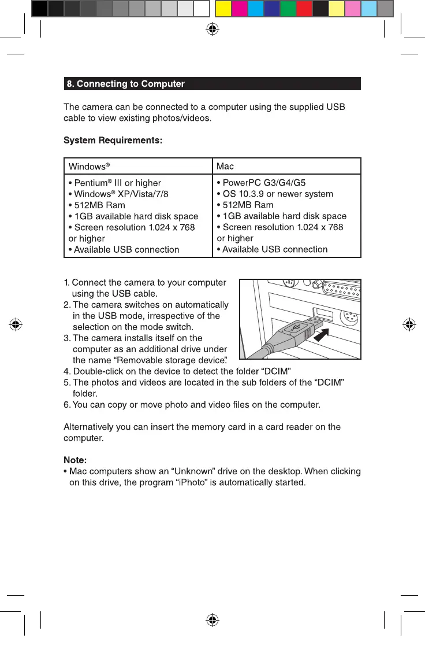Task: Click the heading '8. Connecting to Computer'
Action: (x=126, y=84)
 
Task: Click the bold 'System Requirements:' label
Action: (x=113, y=140)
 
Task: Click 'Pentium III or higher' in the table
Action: (x=114, y=183)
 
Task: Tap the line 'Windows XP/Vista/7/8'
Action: (x=118, y=194)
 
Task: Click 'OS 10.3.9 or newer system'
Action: (x=275, y=194)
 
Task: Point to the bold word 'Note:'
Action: (x=75, y=460)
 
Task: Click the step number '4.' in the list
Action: (x=67, y=370)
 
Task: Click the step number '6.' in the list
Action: (x=67, y=403)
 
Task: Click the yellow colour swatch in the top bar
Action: (x=223, y=9)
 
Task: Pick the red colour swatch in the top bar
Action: (x=304, y=9)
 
